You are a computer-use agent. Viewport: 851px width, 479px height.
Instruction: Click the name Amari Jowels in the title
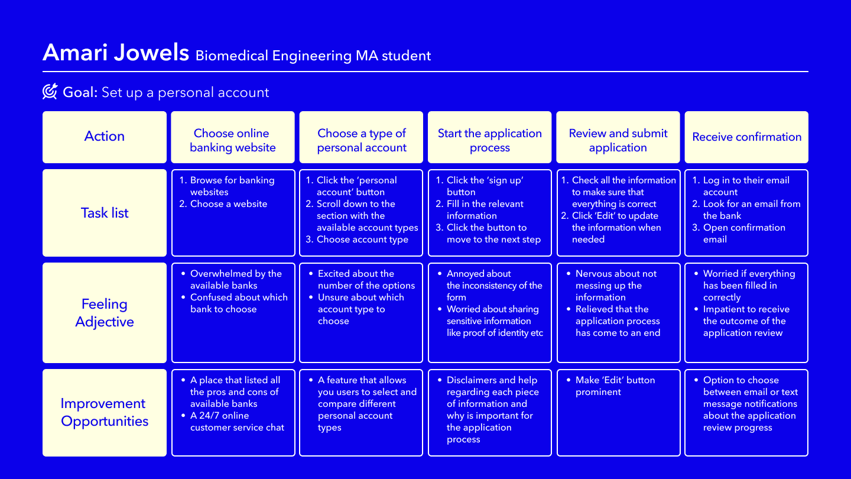[x=116, y=52]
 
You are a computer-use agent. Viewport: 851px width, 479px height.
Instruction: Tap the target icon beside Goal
[x=50, y=91]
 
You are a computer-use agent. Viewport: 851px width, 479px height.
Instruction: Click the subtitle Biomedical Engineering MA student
[x=313, y=56]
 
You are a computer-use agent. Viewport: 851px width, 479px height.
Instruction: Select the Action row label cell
[x=105, y=137]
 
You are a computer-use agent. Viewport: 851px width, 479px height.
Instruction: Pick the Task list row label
[x=105, y=213]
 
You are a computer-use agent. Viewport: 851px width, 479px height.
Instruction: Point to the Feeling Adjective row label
[x=105, y=312]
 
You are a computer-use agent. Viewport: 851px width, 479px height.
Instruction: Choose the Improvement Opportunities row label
[x=105, y=413]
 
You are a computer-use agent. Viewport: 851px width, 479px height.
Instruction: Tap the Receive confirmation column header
[x=746, y=137]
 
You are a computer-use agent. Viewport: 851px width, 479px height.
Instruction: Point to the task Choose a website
[x=229, y=204]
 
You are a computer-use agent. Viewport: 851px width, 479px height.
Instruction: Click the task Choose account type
[x=362, y=239]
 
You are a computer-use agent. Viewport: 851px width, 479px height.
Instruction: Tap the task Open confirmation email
[x=744, y=234]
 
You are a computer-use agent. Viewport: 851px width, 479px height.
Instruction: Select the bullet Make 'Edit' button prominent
[x=615, y=386]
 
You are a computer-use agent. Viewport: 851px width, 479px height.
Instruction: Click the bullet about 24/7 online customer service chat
[x=237, y=421]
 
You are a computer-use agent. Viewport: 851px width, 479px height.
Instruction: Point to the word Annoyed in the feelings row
[x=479, y=274]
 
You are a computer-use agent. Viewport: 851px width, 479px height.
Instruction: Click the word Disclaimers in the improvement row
[x=472, y=380]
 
